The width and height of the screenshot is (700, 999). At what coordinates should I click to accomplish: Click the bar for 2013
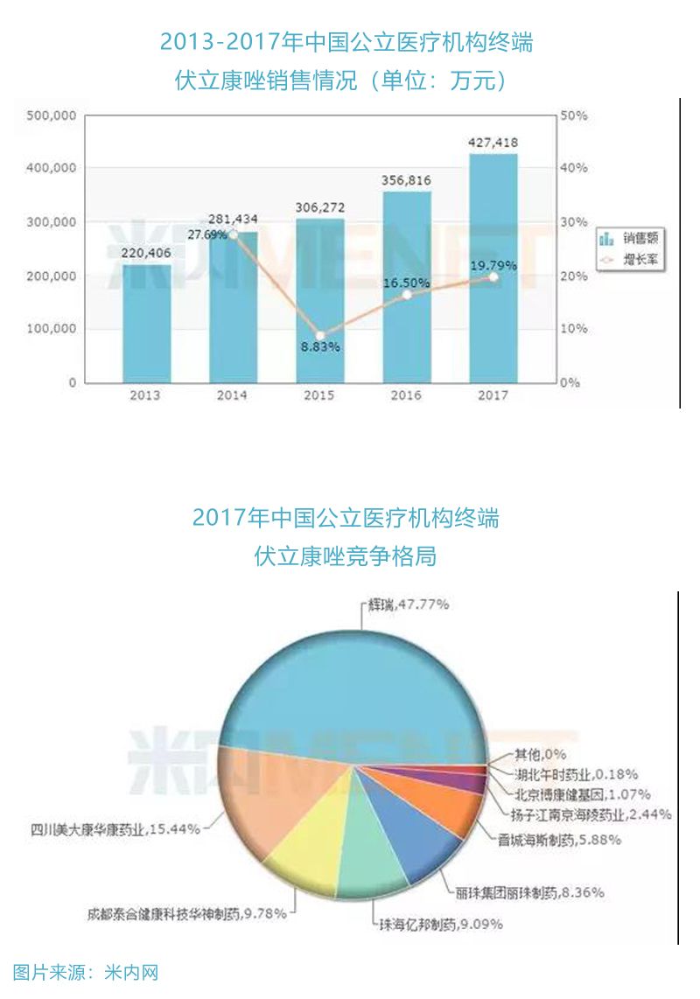click(x=145, y=324)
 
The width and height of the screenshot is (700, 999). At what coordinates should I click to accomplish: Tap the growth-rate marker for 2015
click(x=320, y=336)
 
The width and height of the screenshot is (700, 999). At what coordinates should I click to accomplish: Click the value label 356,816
click(x=407, y=180)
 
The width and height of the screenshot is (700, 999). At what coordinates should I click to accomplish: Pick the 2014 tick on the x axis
click(x=232, y=395)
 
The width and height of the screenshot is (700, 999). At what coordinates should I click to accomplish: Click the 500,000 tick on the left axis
click(x=52, y=115)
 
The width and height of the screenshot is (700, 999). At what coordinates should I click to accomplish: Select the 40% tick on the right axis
click(x=574, y=168)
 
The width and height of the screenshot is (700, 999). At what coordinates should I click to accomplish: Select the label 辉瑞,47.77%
click(x=407, y=604)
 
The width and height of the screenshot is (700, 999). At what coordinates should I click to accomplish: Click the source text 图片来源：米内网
click(x=86, y=972)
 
